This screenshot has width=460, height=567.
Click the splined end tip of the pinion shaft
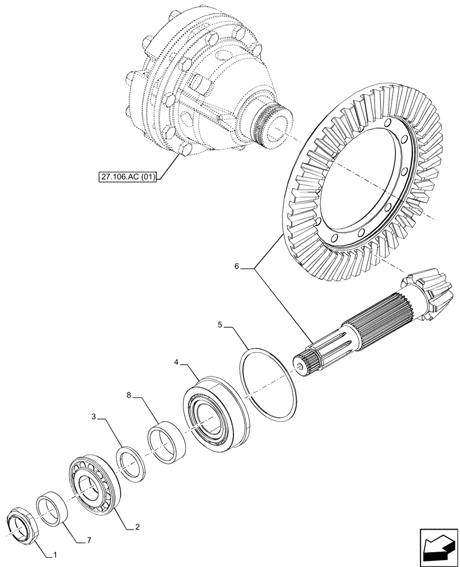[303, 363]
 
